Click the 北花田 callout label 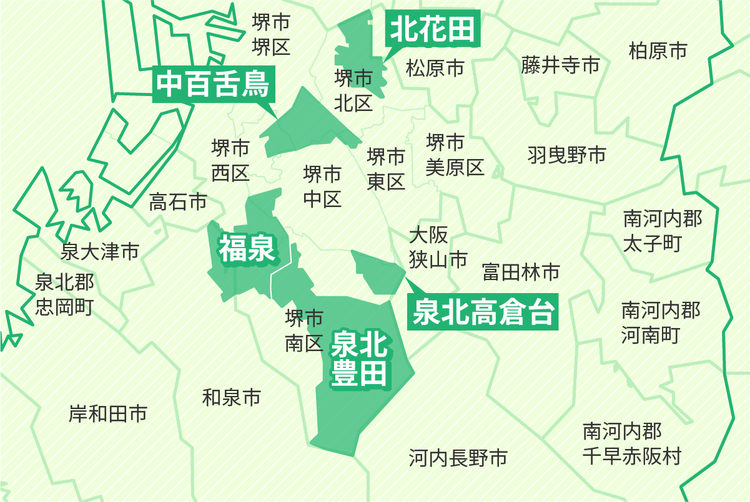[x=433, y=29]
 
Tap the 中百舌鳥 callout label [x=213, y=85]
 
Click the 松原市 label [x=435, y=67]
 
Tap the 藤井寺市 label [x=560, y=65]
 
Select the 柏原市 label [x=658, y=51]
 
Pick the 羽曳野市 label [x=566, y=155]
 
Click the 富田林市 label [x=521, y=272]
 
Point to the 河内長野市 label [x=458, y=458]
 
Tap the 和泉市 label [x=231, y=397]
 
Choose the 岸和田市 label [x=108, y=413]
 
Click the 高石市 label [x=178, y=202]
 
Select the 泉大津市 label [x=100, y=252]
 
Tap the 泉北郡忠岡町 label [x=64, y=294]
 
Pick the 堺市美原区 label [x=455, y=155]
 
